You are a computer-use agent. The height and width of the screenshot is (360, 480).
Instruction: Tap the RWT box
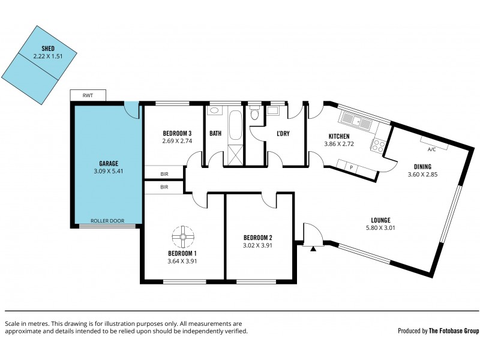click(88, 95)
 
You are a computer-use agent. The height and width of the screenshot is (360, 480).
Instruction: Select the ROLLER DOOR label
click(107, 221)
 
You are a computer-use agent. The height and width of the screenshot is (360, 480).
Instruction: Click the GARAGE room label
click(109, 163)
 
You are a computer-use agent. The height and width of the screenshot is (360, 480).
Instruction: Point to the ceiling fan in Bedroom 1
click(181, 238)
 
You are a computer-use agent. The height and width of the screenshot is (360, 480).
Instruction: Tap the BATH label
click(215, 133)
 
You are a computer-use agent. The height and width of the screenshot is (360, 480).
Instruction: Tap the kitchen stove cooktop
click(378, 144)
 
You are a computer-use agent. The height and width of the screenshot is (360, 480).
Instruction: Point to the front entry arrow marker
click(313, 247)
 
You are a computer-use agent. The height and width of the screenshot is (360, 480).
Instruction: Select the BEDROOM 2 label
click(259, 236)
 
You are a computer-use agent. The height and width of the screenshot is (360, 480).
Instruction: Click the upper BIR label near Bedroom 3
click(164, 174)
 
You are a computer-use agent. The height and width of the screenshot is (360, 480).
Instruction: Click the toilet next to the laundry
click(255, 113)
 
